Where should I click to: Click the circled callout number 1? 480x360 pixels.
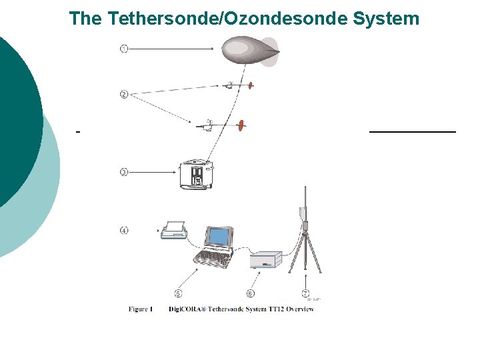tap(124, 49)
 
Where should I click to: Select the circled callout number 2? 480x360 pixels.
tap(124, 94)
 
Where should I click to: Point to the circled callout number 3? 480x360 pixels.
tap(124, 172)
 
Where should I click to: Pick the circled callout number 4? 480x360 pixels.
tap(124, 231)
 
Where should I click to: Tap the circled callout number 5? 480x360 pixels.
tap(179, 293)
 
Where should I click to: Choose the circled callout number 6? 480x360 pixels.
tap(250, 293)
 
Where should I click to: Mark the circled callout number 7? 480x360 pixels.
tap(305, 293)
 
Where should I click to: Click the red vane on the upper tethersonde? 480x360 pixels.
tap(251, 85)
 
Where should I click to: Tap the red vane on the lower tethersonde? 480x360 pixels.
tap(242, 125)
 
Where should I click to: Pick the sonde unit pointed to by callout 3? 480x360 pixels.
tap(195, 175)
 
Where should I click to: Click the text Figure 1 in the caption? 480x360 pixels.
tap(141, 309)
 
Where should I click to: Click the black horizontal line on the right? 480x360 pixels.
tap(413, 133)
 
